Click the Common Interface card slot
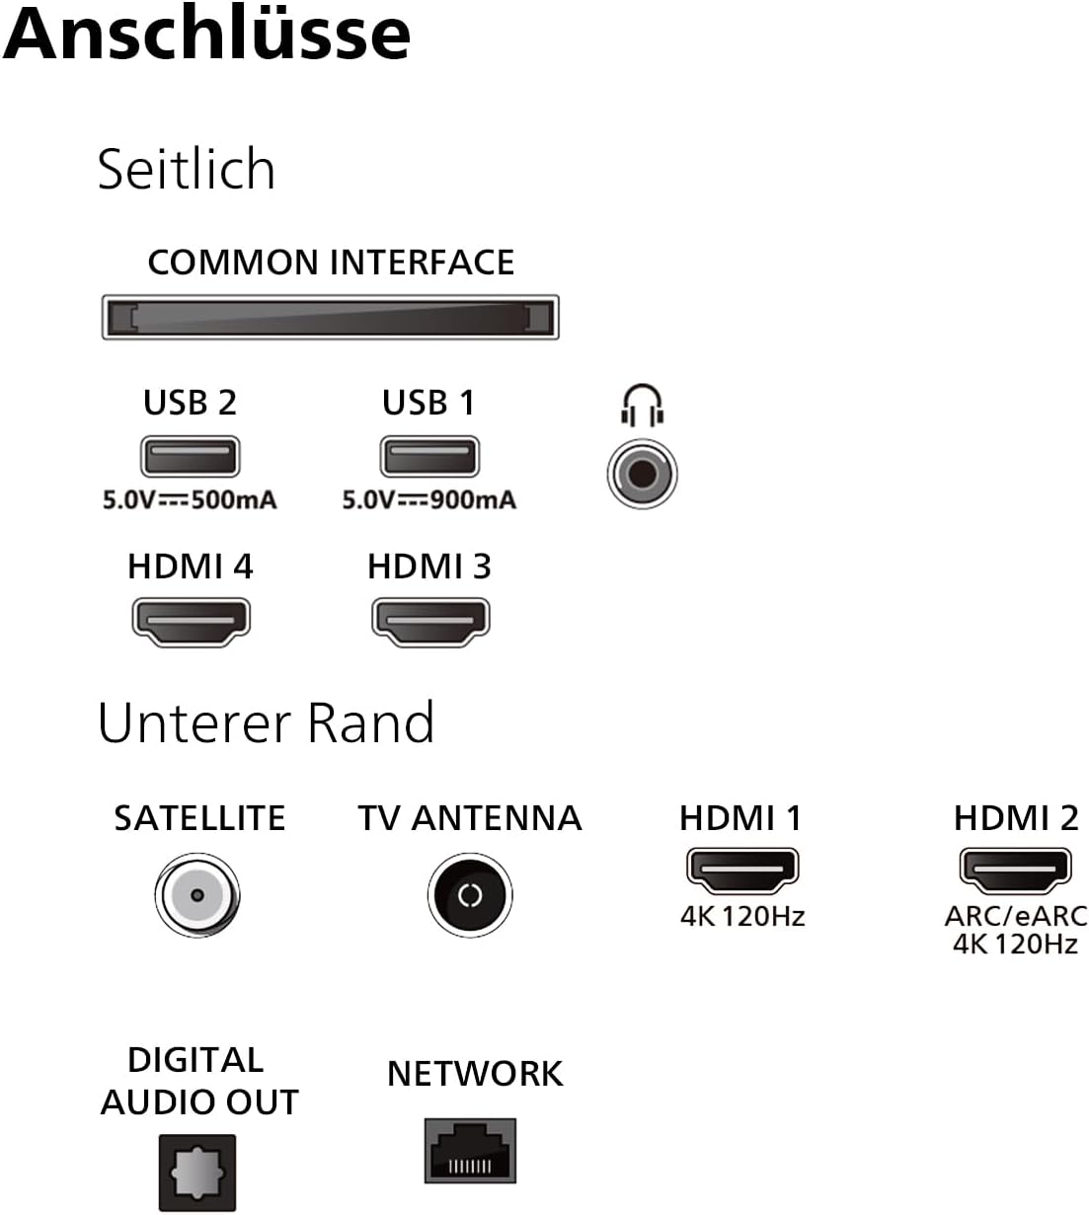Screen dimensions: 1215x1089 point(331,318)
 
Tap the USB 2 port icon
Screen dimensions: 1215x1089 point(191,457)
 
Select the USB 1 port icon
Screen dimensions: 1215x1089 point(429,457)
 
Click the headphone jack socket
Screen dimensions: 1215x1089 point(642,474)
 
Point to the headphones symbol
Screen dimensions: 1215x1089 point(642,406)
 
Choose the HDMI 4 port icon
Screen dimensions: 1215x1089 point(191,622)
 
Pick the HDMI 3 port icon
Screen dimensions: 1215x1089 point(430,622)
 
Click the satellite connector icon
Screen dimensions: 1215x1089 point(197,895)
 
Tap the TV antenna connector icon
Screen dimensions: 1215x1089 point(470,895)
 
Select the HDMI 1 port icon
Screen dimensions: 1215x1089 point(741,870)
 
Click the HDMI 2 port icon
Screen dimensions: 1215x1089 point(1015,870)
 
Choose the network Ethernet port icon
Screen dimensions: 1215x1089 point(471,1151)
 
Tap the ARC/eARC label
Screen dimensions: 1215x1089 point(1016,916)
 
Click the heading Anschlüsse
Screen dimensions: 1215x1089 point(207,34)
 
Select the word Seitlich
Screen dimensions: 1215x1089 point(187,169)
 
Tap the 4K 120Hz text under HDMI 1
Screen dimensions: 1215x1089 point(742,917)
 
